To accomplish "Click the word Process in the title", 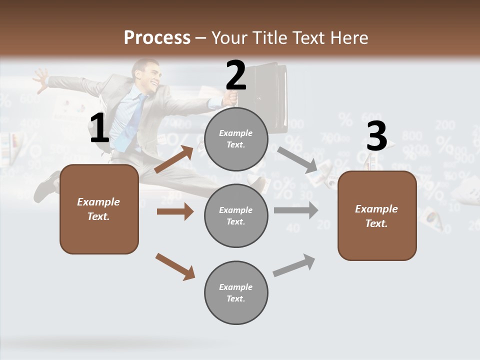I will point(157,37).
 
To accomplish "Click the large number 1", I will point(99,128).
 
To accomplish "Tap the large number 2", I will point(236,75).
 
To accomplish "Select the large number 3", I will point(376,136).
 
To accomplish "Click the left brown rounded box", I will point(99,209).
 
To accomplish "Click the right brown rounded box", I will point(377,215).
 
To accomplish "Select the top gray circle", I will point(236,139).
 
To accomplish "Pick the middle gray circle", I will point(236,215).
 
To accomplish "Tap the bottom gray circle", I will point(236,292).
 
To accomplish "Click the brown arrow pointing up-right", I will point(174,159).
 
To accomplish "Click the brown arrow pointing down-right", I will point(175,266).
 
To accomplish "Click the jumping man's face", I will point(149,73).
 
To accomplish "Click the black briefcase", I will point(267,95).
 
